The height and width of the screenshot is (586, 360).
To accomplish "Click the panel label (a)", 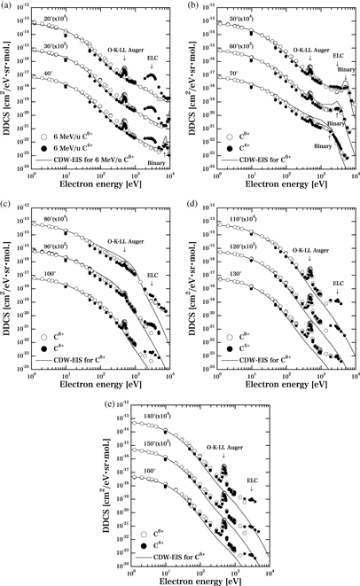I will (x=7, y=6).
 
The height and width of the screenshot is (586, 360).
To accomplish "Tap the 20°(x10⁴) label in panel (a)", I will (x=58, y=18).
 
